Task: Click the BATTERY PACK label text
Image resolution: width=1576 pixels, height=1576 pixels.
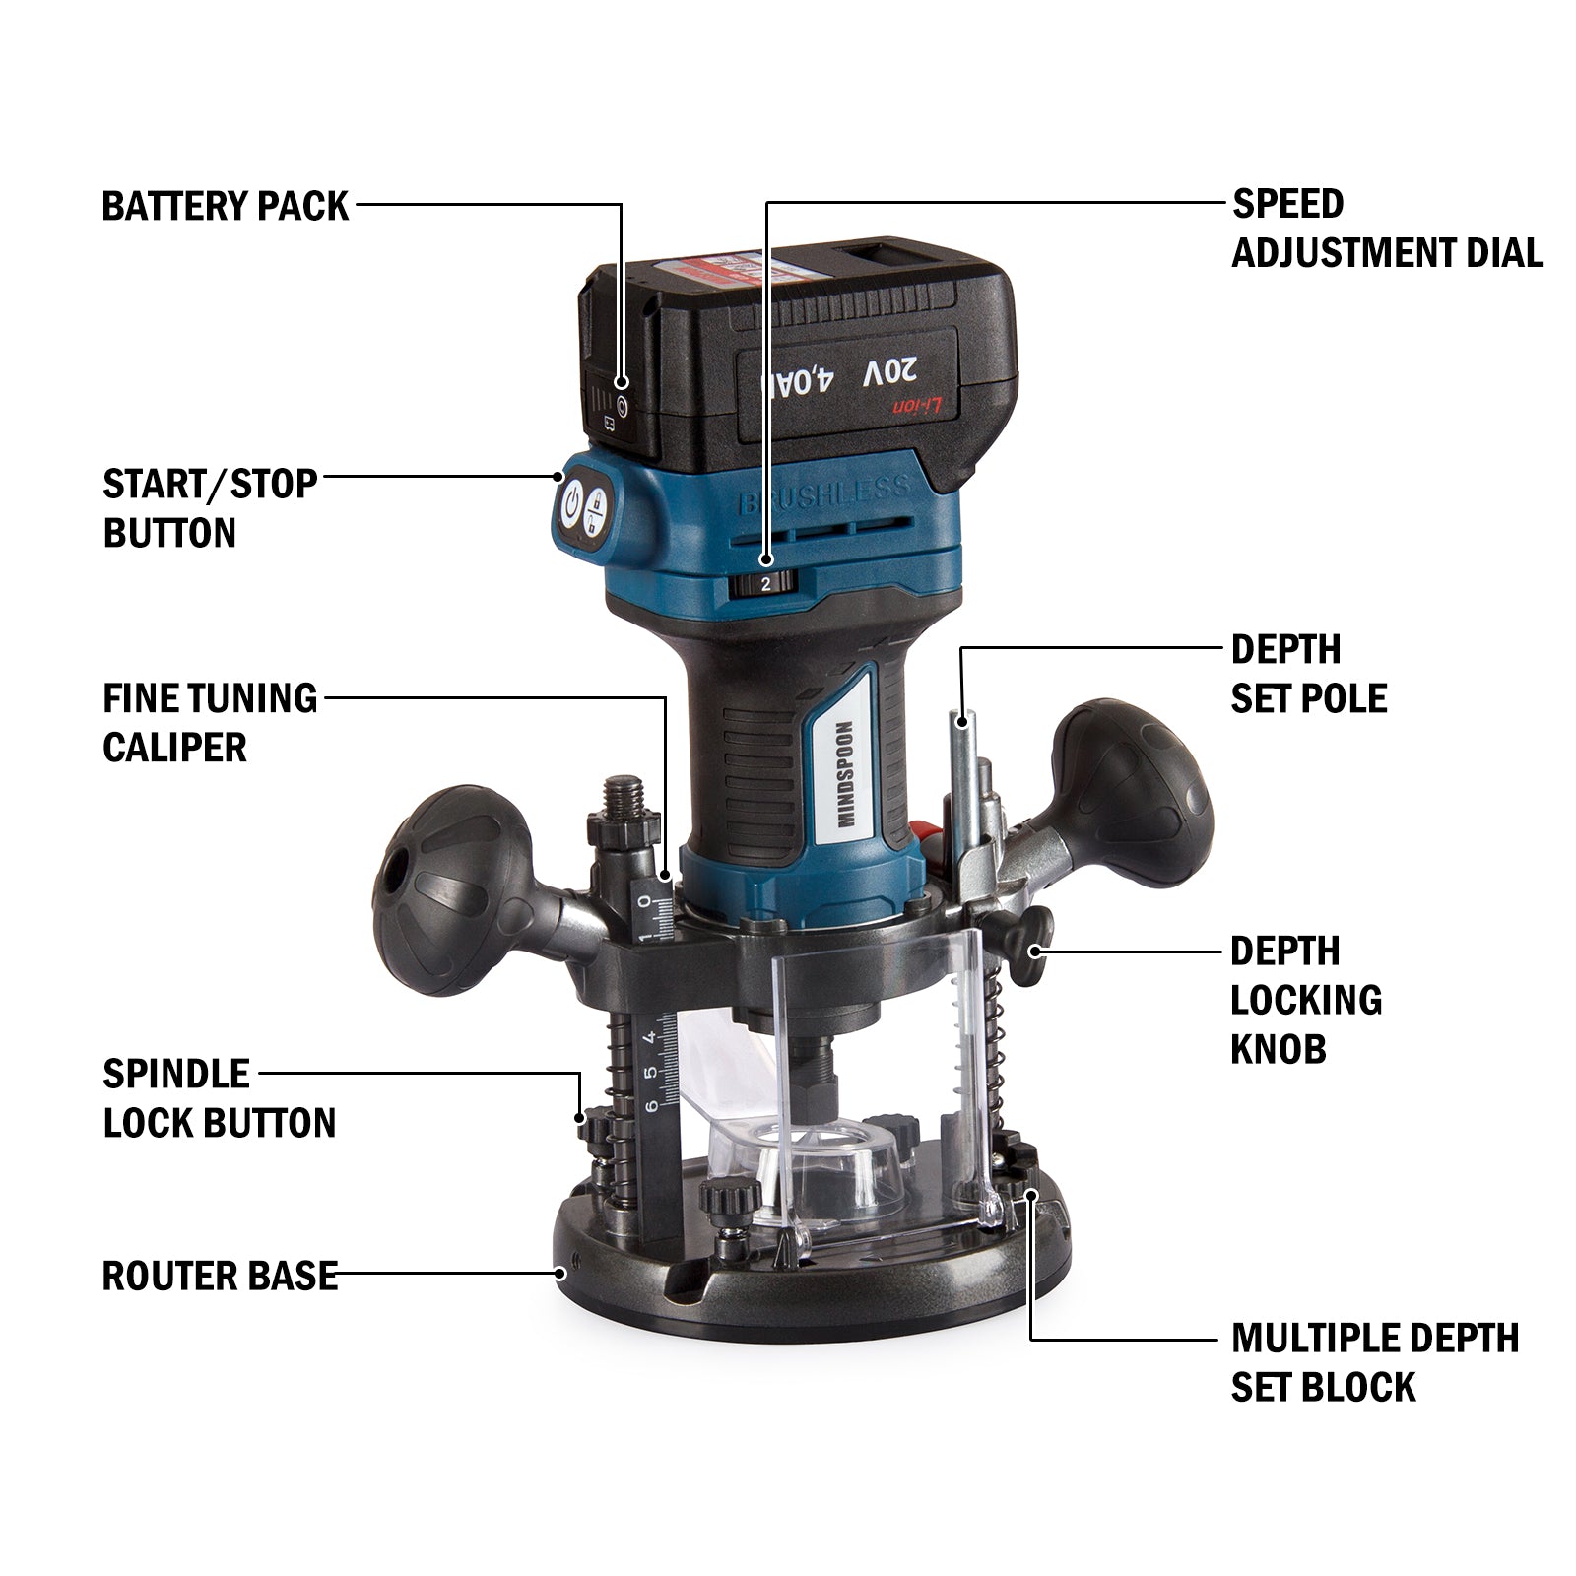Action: pyautogui.click(x=225, y=207)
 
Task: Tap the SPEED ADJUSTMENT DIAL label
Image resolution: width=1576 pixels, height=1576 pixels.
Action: pyautogui.click(x=1386, y=229)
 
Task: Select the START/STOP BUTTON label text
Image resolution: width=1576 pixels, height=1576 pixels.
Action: pyautogui.click(x=210, y=508)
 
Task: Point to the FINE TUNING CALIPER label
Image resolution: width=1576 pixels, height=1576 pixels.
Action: pyautogui.click(x=210, y=722)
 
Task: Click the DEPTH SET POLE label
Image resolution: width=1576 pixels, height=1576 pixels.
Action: pyautogui.click(x=1308, y=674)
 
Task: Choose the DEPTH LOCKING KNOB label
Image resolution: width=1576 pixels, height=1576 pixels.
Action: pyautogui.click(x=1305, y=1000)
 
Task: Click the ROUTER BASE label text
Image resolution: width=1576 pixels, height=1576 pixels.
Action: pyautogui.click(x=220, y=1276)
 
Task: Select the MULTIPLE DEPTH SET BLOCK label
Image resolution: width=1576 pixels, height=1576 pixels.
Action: pyautogui.click(x=1374, y=1362)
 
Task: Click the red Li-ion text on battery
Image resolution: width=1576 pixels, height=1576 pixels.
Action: pyautogui.click(x=917, y=406)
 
